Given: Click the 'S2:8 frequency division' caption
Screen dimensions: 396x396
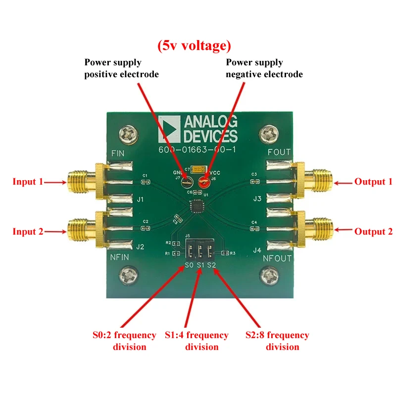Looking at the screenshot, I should click(277, 341).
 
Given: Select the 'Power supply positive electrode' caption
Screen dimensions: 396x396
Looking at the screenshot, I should click(121, 68).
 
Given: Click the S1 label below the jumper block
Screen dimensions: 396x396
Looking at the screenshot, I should click(200, 266).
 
